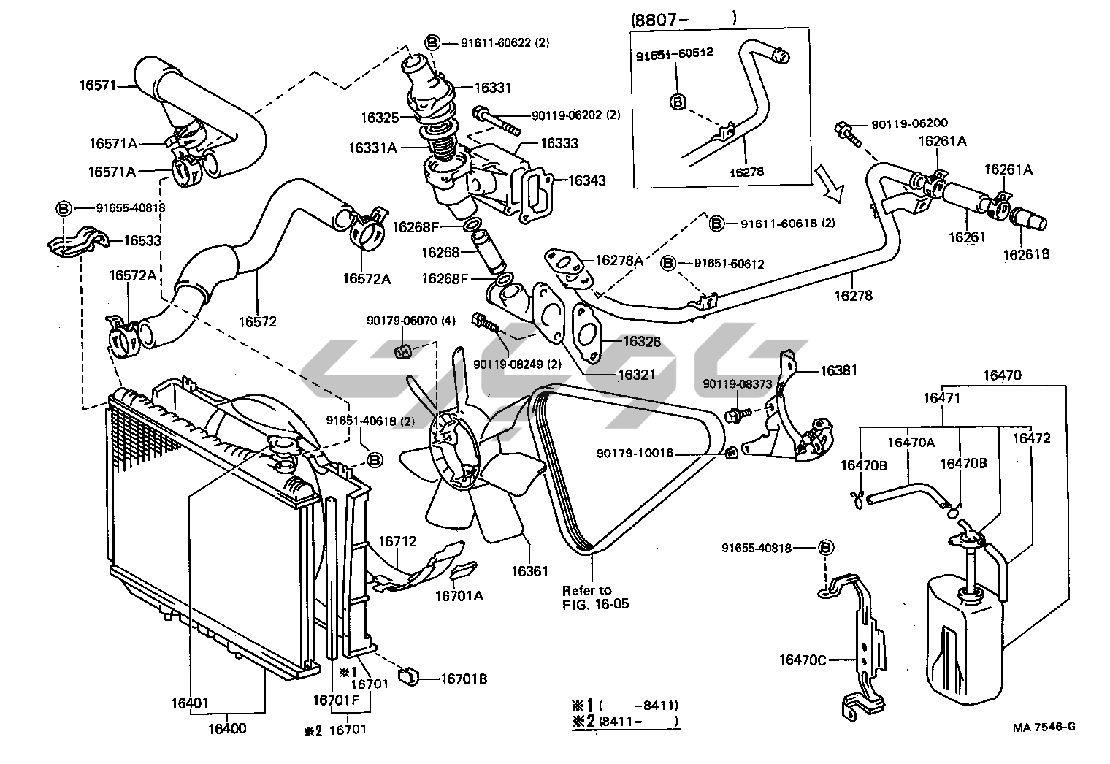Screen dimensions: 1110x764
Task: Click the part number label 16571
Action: coord(98,85)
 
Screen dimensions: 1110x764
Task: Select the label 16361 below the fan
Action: coord(529,571)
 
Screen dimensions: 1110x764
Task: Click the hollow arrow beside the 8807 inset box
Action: coord(828,183)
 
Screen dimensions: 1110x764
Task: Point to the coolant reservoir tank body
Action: coord(964,640)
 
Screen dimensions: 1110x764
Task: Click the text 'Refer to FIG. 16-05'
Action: coord(595,597)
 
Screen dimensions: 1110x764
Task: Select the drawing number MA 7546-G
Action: coord(1044,727)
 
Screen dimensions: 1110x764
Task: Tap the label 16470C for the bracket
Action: coord(803,660)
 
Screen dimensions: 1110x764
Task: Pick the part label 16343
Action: coord(586,180)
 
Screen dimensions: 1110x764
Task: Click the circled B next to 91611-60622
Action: coord(432,43)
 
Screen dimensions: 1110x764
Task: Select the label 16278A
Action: coord(619,260)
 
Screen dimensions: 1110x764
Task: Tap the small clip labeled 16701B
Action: coord(409,677)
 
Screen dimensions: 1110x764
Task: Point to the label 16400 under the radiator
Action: coord(227,728)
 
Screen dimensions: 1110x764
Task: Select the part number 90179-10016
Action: coord(635,453)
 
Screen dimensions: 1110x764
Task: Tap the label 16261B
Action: coord(1026,254)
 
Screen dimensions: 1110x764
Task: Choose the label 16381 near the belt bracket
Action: coord(838,370)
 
